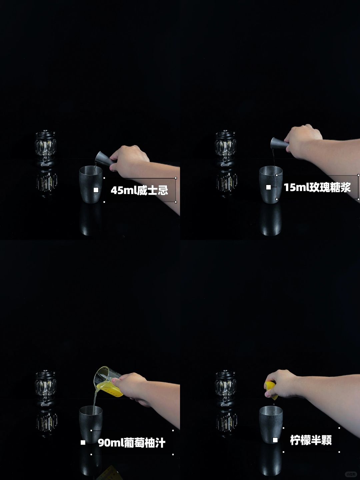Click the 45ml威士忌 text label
click(139, 190)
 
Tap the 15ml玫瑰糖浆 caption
click(317, 187)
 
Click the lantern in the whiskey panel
click(45, 148)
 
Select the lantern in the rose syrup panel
click(225, 148)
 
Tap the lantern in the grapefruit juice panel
click(45, 389)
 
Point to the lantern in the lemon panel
click(225, 389)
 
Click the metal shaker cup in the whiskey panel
click(91, 184)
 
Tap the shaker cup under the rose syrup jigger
click(271, 184)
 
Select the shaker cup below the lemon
click(271, 424)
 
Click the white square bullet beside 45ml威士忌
click(96, 190)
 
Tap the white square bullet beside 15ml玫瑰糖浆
click(268, 187)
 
